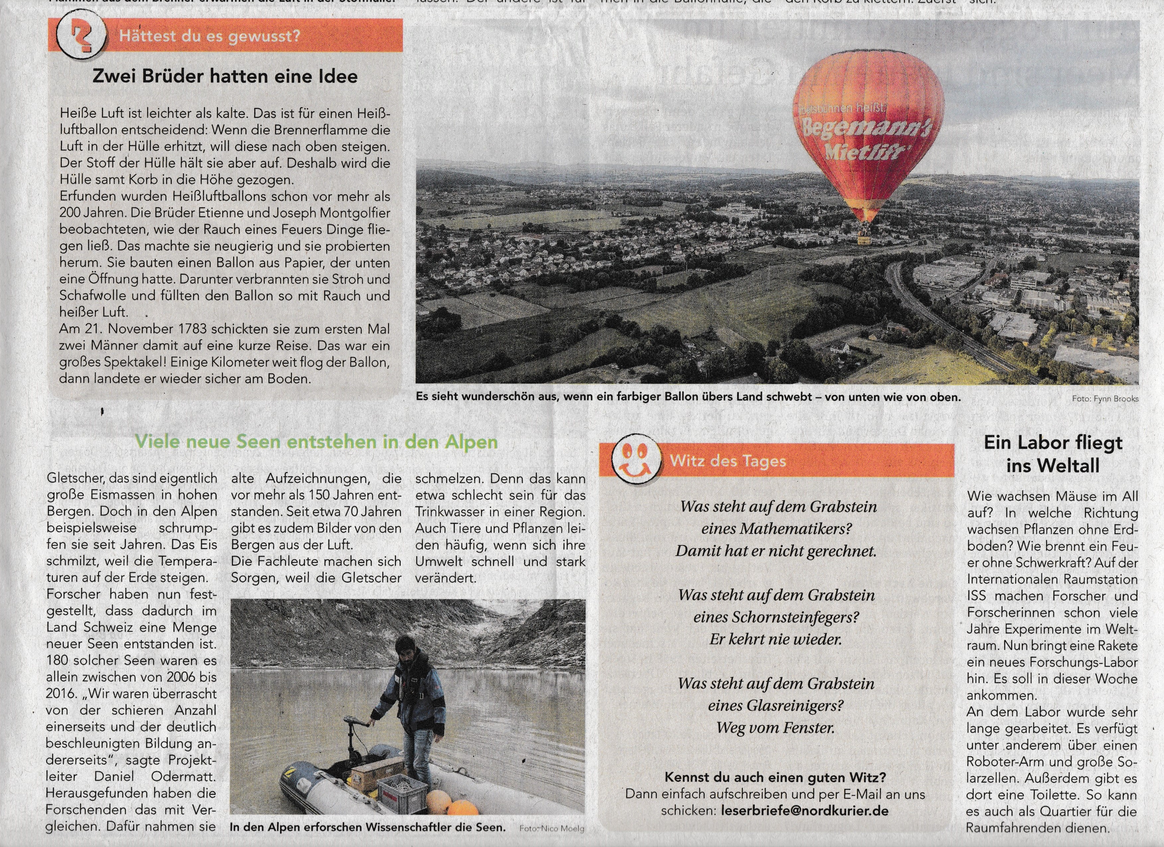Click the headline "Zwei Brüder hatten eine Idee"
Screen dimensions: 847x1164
(x=225, y=76)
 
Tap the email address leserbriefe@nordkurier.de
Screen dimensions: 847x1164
(x=804, y=811)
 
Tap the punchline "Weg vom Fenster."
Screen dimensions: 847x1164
(x=775, y=727)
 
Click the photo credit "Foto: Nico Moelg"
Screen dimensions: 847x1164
(x=552, y=828)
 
